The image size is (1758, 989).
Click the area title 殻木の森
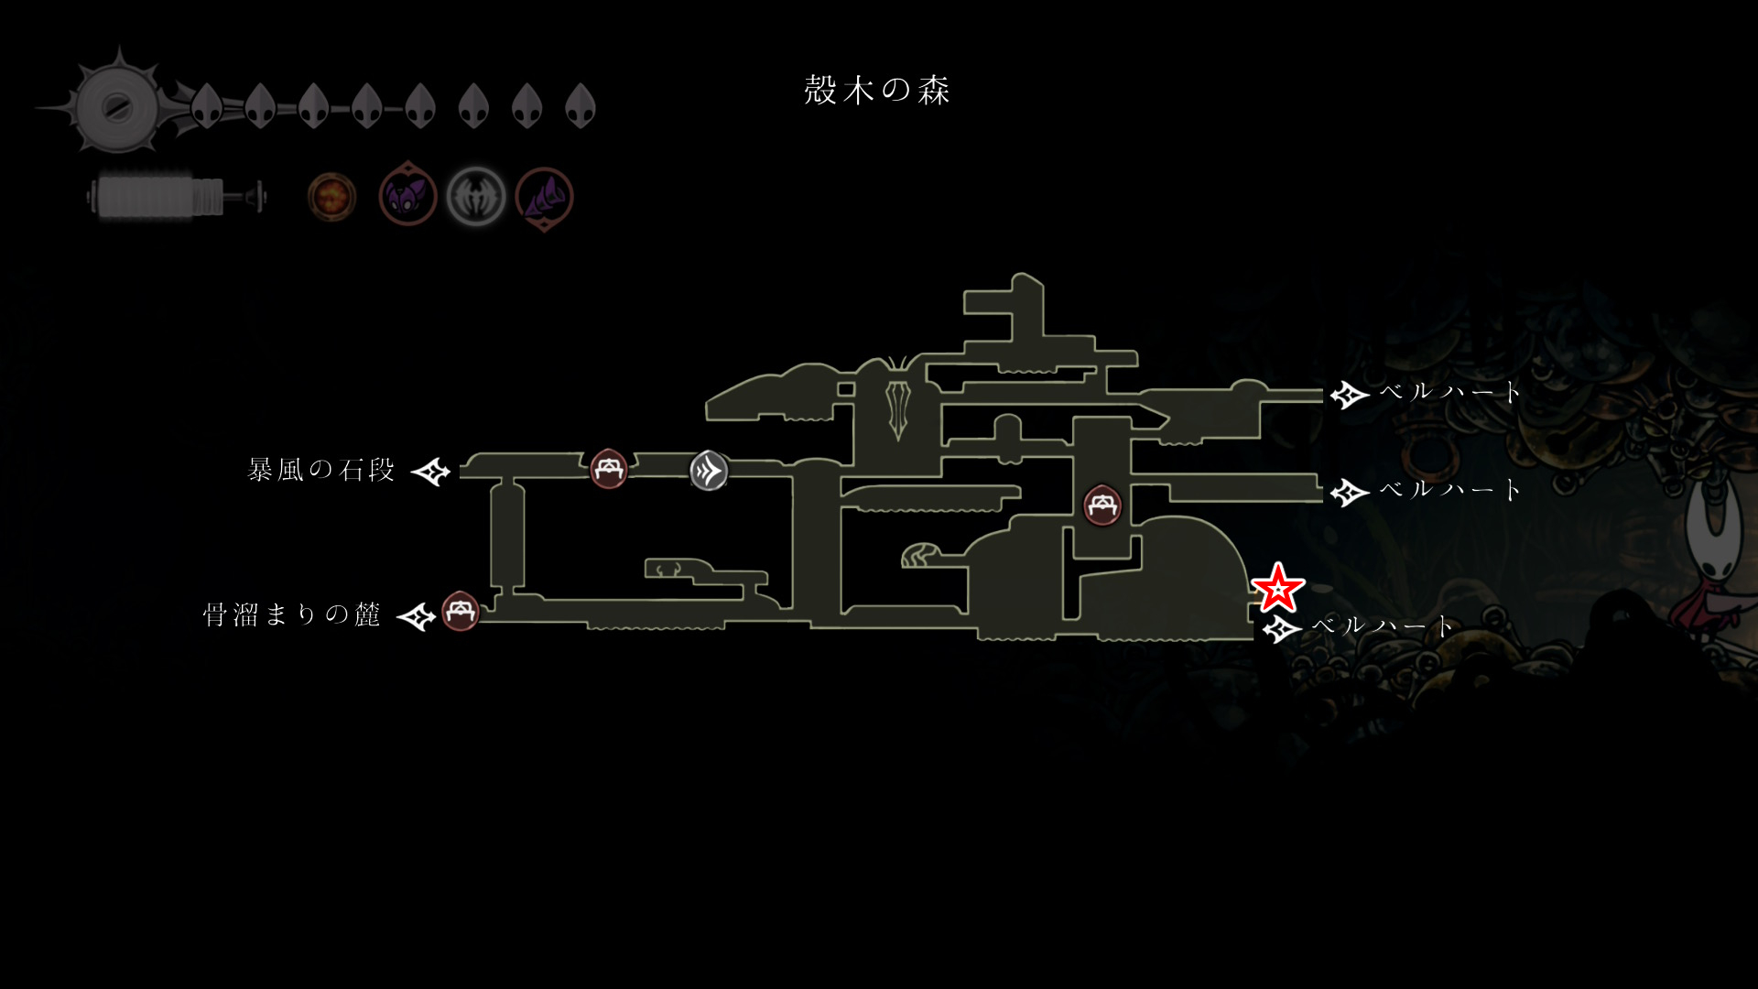[x=877, y=90]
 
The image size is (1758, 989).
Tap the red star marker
[x=1277, y=588]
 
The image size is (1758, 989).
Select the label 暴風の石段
[x=320, y=471]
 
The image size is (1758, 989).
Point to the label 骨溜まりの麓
[x=291, y=614]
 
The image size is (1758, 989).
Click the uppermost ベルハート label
[x=1449, y=392]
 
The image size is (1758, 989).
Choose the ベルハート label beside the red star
[x=1382, y=626]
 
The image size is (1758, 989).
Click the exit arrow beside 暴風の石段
[x=430, y=472]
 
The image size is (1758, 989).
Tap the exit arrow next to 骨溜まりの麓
[x=416, y=616]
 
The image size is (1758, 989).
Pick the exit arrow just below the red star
[x=1281, y=628]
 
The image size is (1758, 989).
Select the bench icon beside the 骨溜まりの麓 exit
[x=461, y=611]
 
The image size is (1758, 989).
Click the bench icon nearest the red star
[x=1102, y=505]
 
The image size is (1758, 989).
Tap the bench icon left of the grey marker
[x=609, y=469]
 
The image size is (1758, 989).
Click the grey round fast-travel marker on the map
[x=709, y=471]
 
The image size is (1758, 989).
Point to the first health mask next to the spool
[x=208, y=105]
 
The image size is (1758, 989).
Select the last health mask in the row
[x=581, y=105]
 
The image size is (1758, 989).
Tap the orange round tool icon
[x=331, y=196]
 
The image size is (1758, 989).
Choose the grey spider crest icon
[x=475, y=196]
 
